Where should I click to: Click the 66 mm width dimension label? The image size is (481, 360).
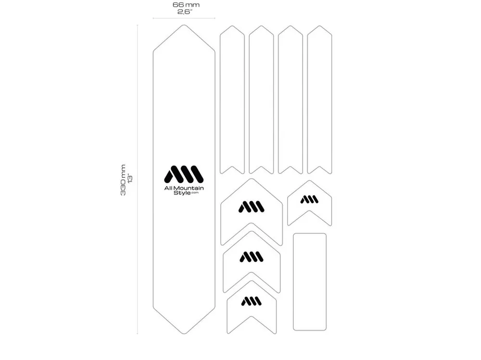coord(186,5)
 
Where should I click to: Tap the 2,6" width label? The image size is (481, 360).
coord(185,12)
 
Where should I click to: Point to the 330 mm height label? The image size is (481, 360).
coord(123,180)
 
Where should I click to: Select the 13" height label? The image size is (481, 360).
coord(130,179)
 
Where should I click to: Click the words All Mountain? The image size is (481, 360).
coord(184,188)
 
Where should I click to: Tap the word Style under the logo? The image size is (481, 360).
coord(182,193)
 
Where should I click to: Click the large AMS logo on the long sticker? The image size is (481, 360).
coord(184,174)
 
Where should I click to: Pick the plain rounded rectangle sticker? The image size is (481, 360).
coord(309,282)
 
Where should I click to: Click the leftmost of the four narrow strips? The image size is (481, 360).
coord(232,99)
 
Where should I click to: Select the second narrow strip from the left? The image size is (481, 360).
coord(261,99)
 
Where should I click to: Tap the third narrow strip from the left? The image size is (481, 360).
coord(291,99)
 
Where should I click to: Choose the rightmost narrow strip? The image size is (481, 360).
coord(320,99)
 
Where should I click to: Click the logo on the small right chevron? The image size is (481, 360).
coord(309,199)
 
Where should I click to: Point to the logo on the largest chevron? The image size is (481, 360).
coord(251,207)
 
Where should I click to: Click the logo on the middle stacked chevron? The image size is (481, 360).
coord(251,257)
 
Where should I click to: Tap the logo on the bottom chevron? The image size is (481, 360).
coord(251,301)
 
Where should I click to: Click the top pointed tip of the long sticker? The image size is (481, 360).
coord(184,25)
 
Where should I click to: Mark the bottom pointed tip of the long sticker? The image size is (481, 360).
coord(184,334)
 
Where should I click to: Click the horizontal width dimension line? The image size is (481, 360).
coord(184,18)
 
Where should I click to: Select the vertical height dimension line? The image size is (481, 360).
coord(138,179)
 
